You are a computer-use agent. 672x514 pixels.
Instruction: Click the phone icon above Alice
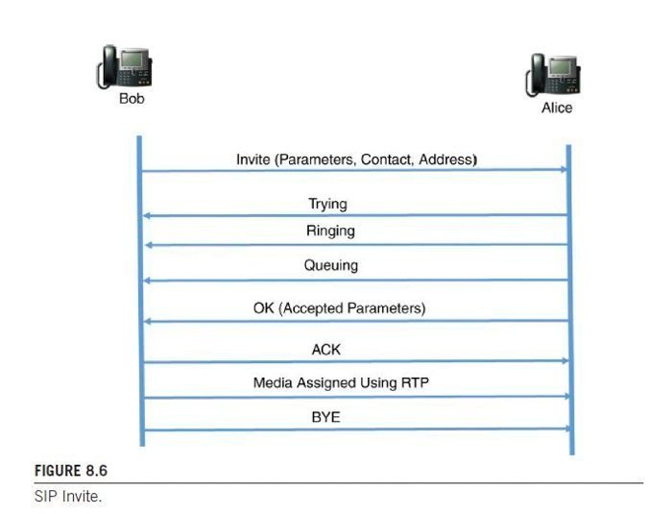(556, 75)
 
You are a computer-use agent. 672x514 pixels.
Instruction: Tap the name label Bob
(132, 98)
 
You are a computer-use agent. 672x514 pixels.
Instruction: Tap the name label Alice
(557, 108)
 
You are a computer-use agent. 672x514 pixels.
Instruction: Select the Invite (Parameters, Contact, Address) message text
(356, 159)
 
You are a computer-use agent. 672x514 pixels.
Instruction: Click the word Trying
(327, 204)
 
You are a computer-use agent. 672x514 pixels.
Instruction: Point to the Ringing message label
(330, 232)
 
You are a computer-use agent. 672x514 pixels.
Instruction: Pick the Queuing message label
(331, 266)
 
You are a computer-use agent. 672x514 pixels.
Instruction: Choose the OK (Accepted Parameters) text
(339, 308)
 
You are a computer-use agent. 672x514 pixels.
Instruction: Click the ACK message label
(326, 350)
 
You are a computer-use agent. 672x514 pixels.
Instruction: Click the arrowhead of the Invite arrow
(564, 169)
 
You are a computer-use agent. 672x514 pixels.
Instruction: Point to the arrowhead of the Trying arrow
(146, 215)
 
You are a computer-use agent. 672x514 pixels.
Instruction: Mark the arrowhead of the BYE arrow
(566, 429)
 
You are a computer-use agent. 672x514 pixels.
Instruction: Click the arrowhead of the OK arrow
(146, 321)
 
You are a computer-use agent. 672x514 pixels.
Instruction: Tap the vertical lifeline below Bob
(140, 288)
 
